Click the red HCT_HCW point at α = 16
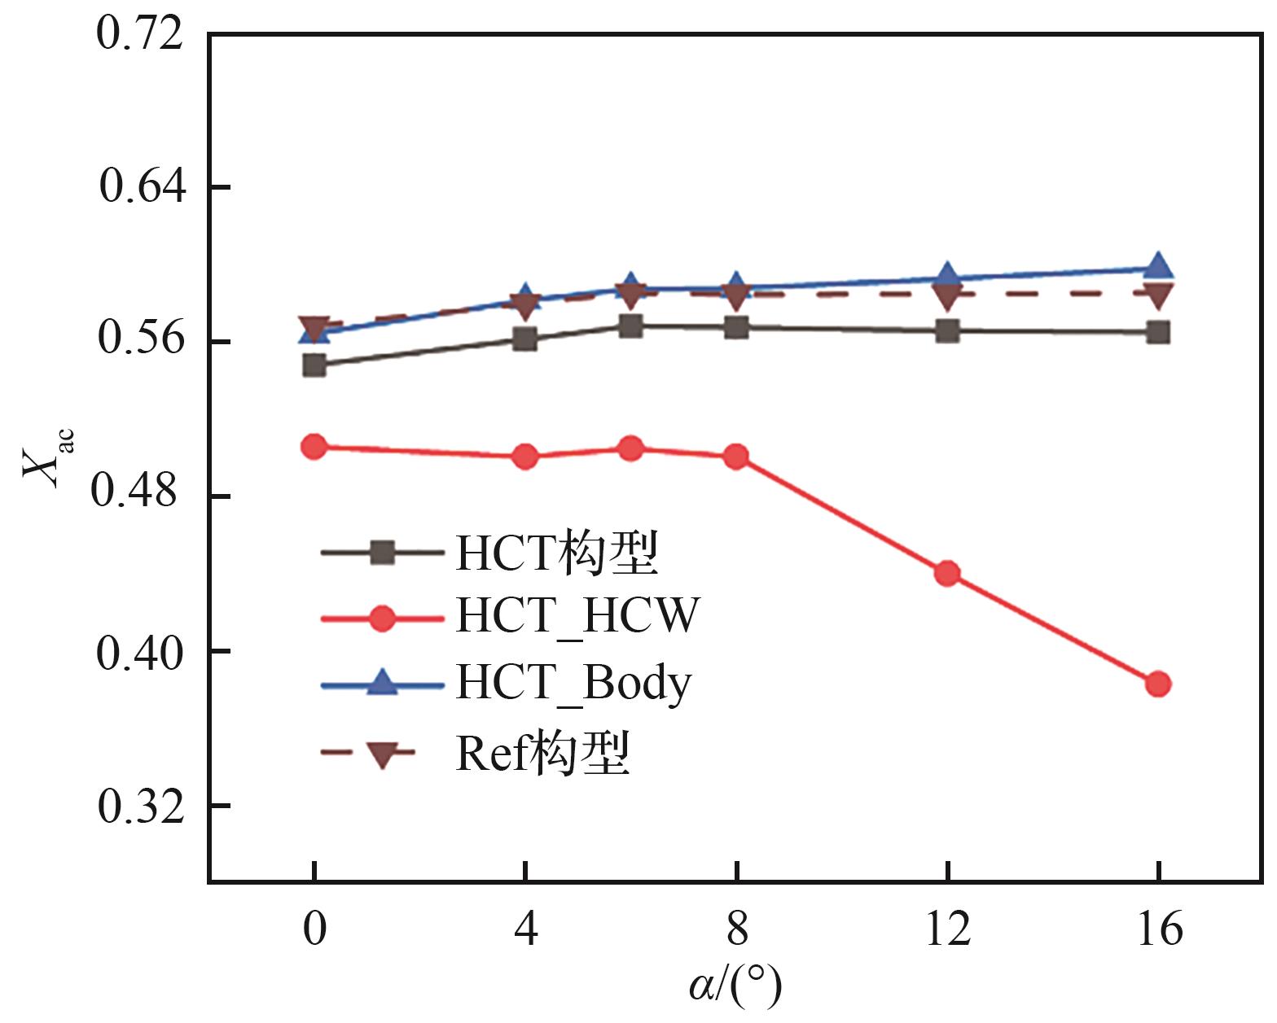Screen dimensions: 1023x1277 [x=1157, y=684]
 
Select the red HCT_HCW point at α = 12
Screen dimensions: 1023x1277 [x=947, y=573]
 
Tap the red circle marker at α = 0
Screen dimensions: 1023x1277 [x=314, y=446]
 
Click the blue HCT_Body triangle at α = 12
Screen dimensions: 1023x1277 [x=947, y=275]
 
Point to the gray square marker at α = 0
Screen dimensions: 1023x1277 [x=314, y=365]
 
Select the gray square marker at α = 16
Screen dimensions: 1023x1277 [x=1157, y=332]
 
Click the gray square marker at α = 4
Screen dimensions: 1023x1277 [x=525, y=339]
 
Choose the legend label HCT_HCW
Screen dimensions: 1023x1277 [x=577, y=616]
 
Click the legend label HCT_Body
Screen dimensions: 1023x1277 [x=573, y=683]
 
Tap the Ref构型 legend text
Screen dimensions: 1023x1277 [x=542, y=754]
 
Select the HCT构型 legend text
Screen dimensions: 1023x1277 [x=556, y=553]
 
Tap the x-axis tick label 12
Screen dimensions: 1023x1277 [x=947, y=928]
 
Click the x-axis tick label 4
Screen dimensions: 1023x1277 [x=525, y=928]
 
